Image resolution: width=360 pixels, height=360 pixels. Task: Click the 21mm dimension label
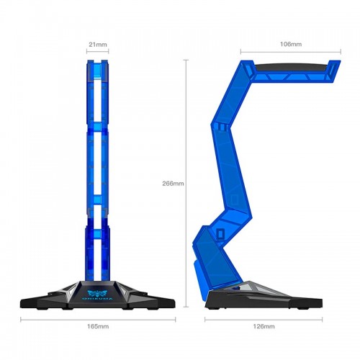point(98,45)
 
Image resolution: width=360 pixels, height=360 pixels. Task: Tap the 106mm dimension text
point(290,44)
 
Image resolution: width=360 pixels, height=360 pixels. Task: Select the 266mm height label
point(174,184)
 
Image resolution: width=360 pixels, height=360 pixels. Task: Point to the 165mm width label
point(97,326)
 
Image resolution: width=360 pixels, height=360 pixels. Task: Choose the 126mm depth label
point(264,326)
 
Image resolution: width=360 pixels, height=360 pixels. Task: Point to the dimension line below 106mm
point(290,53)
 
